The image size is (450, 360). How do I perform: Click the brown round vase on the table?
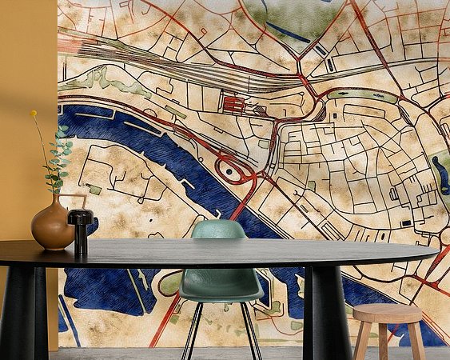click(x=52, y=226)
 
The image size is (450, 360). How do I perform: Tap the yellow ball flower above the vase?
click(x=34, y=114)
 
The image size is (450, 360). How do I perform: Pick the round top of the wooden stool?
click(x=388, y=313)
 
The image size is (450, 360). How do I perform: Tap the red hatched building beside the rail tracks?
click(x=233, y=104)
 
